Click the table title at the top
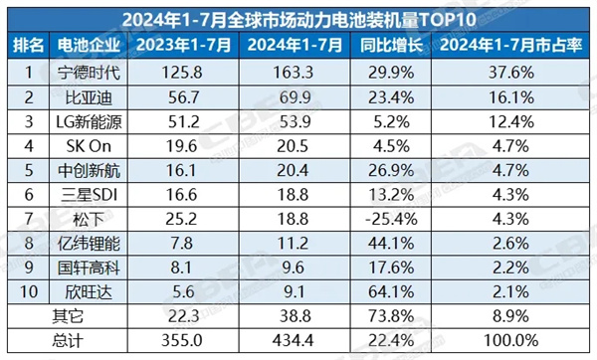coord(298,18)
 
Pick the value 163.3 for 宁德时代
coord(295,72)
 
